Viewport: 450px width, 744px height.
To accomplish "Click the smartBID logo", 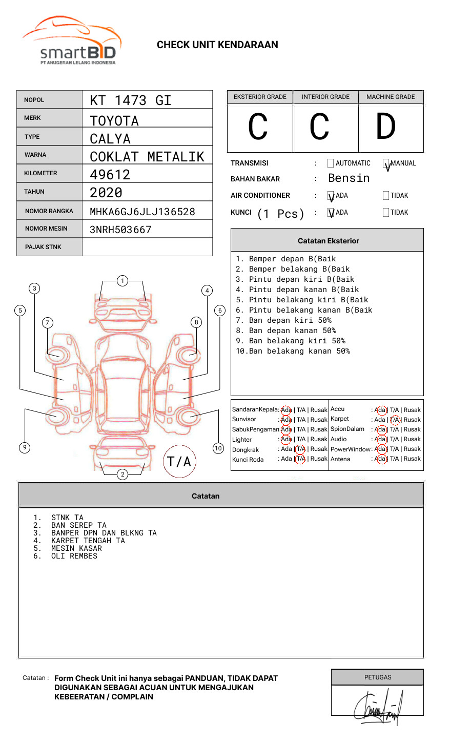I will [72, 41].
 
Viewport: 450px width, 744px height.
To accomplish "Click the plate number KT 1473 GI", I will [130, 100].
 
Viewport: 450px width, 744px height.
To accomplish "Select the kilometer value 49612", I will [110, 175].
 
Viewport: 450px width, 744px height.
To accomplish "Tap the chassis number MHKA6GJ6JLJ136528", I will [142, 212].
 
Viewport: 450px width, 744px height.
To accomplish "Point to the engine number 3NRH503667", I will [120, 230].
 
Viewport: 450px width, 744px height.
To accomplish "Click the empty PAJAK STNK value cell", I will [147, 247].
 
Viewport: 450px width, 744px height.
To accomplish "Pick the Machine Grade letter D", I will [386, 127].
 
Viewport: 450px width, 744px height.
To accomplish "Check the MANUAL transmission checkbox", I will [386, 163].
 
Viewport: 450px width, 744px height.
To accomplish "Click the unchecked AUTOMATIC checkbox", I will [331, 163].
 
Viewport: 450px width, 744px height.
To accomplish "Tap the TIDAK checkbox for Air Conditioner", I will [386, 196].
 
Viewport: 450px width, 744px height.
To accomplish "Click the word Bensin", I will [349, 178].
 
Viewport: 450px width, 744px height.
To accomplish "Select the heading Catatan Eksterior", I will [328, 241].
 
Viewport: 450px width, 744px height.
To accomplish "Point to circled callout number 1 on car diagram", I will [122, 280].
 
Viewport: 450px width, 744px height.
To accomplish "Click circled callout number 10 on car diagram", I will [218, 448].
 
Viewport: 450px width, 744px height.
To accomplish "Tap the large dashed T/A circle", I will [179, 462].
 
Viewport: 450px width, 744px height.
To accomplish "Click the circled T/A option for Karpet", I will [395, 420].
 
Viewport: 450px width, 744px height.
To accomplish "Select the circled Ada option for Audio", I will [380, 439].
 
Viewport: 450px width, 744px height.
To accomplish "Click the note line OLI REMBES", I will [74, 556].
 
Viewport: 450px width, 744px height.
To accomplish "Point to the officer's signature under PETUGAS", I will [378, 708].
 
